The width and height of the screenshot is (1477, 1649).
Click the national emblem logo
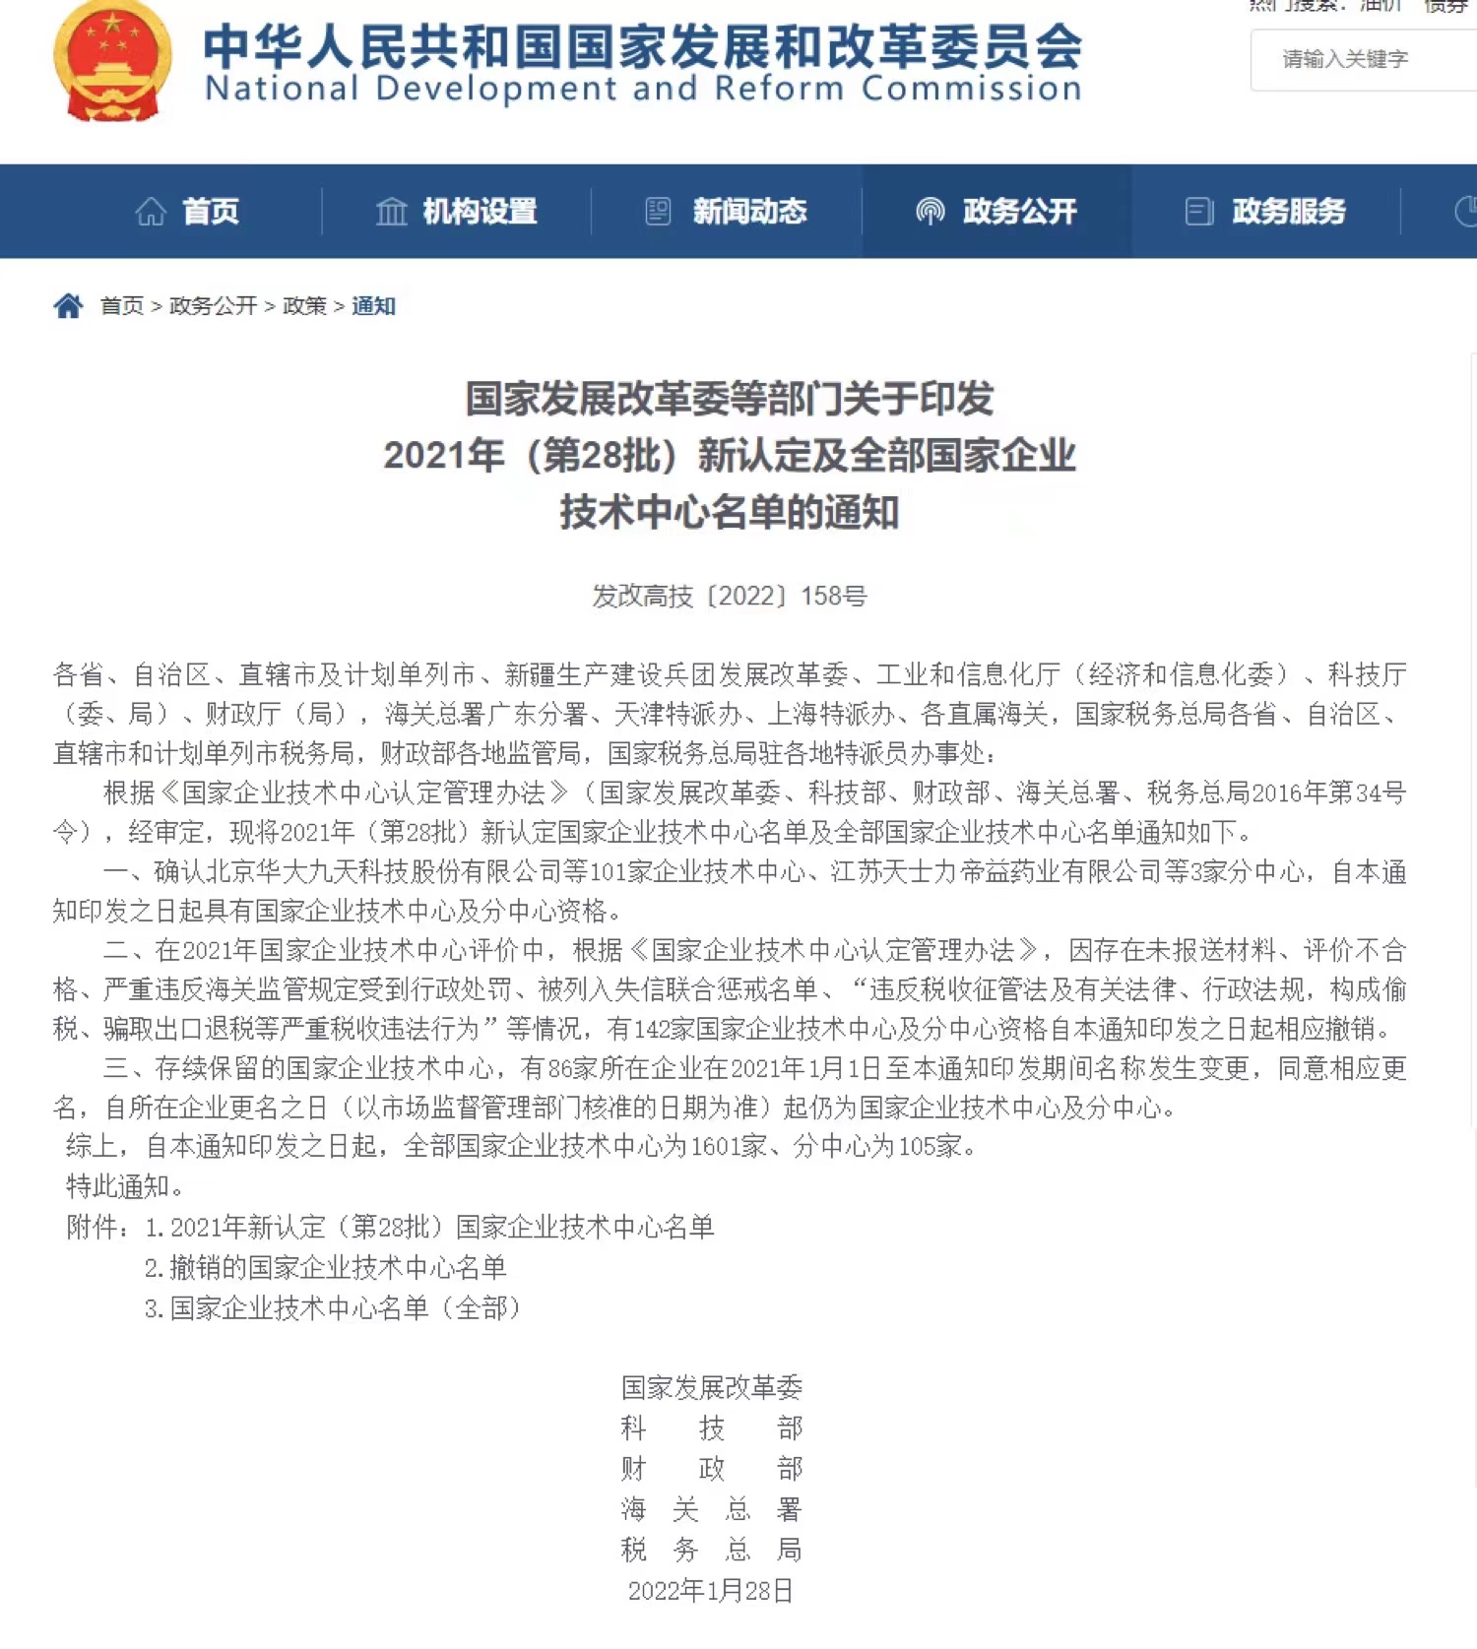click(112, 62)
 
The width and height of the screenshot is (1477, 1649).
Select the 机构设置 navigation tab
click(457, 212)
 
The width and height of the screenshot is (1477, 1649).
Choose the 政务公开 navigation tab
click(996, 212)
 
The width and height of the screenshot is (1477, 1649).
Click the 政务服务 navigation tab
click(1266, 212)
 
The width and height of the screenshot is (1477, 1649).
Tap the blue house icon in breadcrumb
click(68, 306)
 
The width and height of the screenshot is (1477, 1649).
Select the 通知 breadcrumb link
click(373, 306)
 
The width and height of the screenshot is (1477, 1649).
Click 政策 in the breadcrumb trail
click(304, 306)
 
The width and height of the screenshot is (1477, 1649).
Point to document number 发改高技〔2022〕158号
click(730, 596)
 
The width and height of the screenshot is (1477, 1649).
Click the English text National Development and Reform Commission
click(643, 89)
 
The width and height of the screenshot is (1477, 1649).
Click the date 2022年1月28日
click(711, 1591)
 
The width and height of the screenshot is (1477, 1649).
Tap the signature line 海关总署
click(711, 1509)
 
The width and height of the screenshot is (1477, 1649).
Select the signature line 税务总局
click(711, 1551)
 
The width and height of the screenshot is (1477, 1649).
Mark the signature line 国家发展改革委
click(711, 1387)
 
